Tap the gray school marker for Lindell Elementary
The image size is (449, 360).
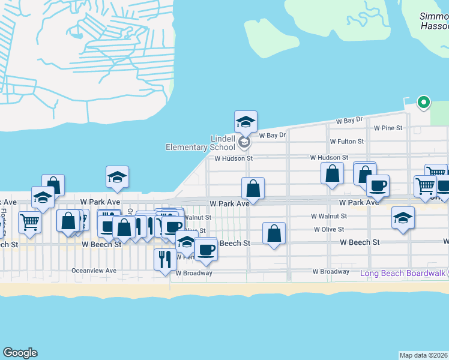click(244, 142)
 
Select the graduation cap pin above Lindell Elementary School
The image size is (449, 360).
click(246, 122)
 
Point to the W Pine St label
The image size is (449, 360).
click(388, 128)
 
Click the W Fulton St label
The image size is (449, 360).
click(346, 142)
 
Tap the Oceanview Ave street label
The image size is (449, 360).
click(94, 271)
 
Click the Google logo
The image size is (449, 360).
click(20, 353)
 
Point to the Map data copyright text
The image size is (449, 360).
click(424, 355)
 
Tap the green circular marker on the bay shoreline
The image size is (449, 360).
click(424, 103)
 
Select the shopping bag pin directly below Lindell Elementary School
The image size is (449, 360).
click(253, 188)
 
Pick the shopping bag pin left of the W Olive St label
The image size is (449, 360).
click(274, 234)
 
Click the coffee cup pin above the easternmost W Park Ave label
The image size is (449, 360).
click(378, 186)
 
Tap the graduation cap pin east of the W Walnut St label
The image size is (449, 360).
click(403, 218)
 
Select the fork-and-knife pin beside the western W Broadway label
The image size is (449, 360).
click(165, 260)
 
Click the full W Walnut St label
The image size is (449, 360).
click(329, 216)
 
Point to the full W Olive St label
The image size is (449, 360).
click(328, 229)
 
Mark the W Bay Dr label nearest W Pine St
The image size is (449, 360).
click(349, 121)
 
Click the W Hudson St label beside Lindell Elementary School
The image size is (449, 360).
click(234, 159)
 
